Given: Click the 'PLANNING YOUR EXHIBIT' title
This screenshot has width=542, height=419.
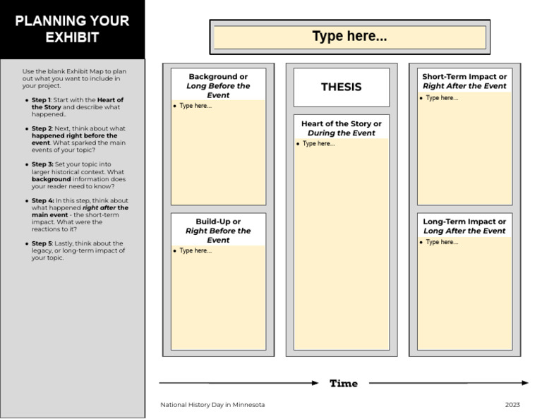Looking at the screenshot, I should click(72, 29).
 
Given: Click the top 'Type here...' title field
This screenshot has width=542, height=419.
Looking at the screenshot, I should click(349, 37).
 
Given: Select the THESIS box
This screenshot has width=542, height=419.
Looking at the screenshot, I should click(341, 87).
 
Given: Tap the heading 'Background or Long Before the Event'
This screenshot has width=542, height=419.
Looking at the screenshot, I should click(218, 85).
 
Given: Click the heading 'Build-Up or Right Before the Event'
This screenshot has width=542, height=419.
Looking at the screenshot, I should click(218, 231).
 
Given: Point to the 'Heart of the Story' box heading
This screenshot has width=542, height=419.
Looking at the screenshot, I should click(341, 128).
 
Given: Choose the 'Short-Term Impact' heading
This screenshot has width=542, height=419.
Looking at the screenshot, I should click(464, 81).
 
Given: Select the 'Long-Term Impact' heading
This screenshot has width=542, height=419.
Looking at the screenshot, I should click(464, 226).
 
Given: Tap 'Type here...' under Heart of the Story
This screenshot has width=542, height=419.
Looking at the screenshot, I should click(318, 144).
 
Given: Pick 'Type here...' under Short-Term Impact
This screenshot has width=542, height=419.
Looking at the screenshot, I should click(442, 98).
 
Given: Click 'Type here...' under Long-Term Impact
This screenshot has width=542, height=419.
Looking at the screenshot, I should click(442, 242).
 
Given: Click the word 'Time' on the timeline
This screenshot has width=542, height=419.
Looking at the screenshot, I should click(344, 384).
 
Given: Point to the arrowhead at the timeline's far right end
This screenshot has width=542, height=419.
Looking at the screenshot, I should click(524, 383).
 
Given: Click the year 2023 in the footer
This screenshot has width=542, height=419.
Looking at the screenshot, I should click(512, 405).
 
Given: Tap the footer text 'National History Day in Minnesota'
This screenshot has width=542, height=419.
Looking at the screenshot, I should click(212, 405).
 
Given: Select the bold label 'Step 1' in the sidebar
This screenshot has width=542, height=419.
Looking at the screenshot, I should click(41, 100).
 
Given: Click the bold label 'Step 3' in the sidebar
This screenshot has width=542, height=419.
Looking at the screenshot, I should click(41, 164).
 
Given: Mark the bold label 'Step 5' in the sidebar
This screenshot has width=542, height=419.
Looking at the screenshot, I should click(41, 243).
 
